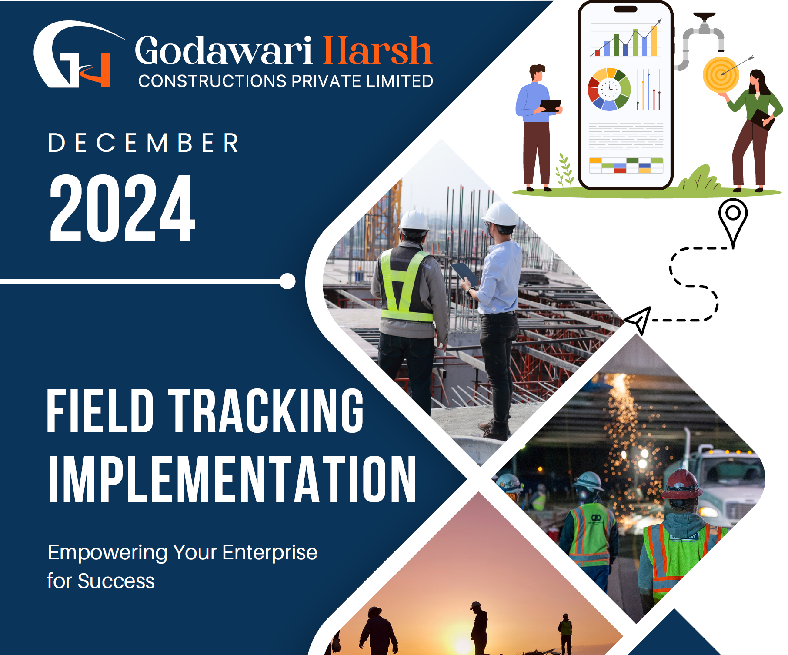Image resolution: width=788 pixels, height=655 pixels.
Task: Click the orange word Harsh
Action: (x=377, y=51)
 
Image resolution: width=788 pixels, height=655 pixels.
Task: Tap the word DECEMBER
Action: (x=144, y=143)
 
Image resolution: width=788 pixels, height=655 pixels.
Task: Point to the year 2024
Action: (x=123, y=208)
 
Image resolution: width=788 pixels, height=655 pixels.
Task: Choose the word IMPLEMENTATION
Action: (x=232, y=479)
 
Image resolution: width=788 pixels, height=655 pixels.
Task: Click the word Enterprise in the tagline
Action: (x=270, y=552)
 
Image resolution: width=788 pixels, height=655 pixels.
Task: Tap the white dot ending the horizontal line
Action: (x=287, y=281)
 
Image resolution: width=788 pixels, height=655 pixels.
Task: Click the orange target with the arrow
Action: (x=721, y=74)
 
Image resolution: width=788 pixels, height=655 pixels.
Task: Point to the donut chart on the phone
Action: (x=609, y=89)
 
